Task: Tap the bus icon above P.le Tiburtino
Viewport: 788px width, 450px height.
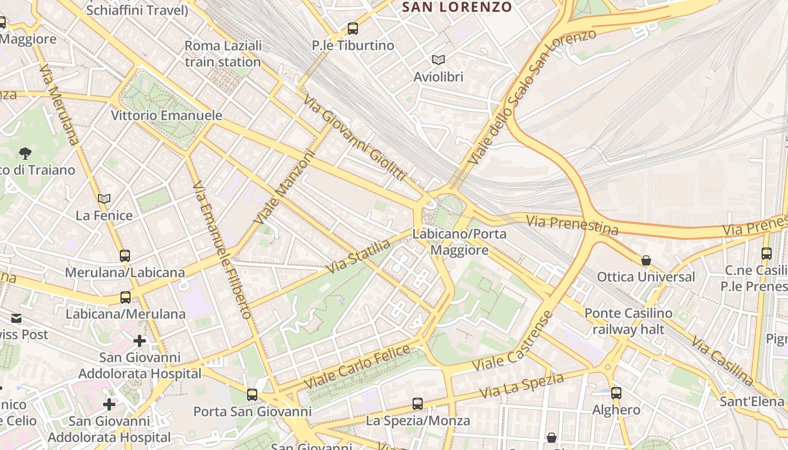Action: point(353,28)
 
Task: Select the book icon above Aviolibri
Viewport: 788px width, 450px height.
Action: point(438,60)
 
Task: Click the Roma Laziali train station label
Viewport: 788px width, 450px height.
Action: point(223,53)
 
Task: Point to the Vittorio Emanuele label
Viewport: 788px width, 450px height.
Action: point(167,115)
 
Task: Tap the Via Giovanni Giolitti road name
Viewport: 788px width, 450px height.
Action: point(355,138)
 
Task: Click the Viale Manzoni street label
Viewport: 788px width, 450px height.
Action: point(284,186)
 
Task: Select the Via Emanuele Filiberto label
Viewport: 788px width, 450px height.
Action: point(222,250)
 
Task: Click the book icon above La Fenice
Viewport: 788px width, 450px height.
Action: point(104,199)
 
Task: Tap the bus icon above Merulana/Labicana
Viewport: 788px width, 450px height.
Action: point(125,256)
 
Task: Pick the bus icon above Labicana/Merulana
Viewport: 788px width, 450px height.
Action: point(126,298)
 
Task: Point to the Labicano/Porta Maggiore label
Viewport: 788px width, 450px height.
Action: point(459,242)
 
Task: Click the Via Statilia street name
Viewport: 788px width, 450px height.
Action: point(358,256)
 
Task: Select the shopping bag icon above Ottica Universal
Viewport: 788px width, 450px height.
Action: point(646,260)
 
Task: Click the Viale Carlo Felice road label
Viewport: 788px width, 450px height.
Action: point(357,366)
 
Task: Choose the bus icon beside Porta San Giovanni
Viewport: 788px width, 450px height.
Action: point(252,395)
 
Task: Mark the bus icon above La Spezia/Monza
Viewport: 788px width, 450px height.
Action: point(418,403)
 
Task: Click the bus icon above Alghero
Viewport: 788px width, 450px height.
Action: point(616,393)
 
